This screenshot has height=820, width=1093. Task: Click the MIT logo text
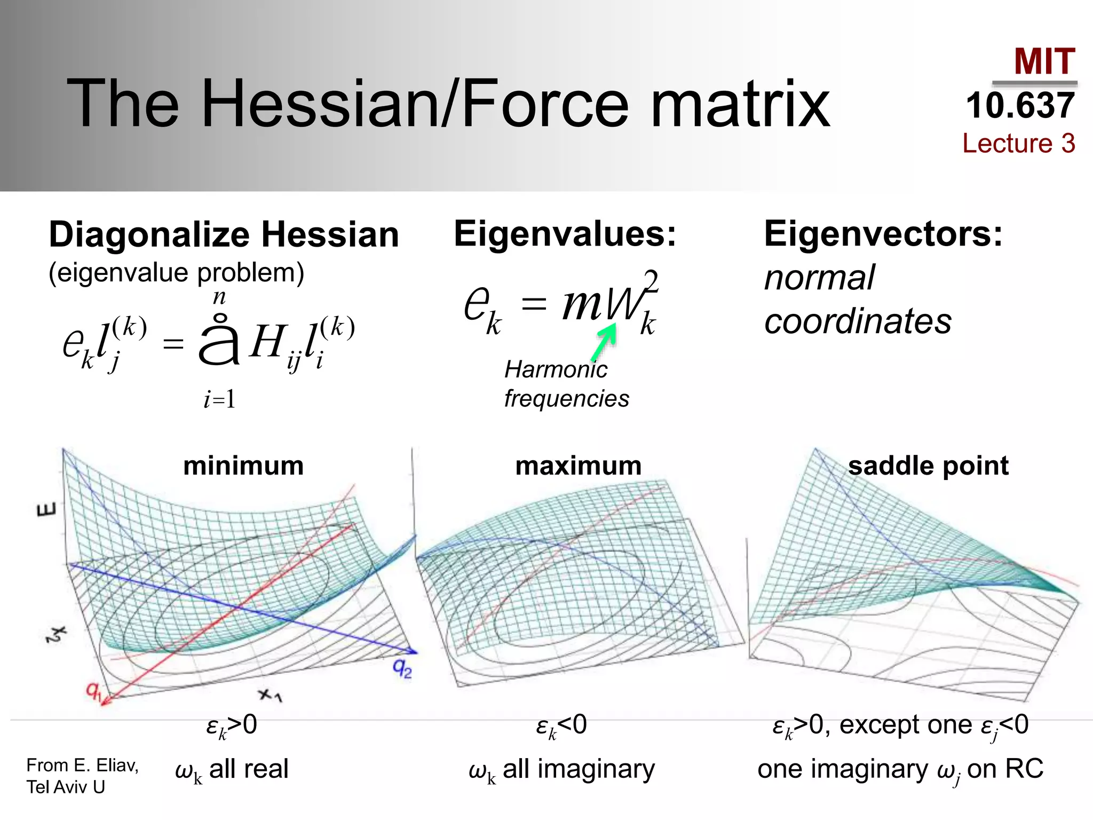point(1044,61)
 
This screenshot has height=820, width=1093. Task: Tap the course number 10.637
point(1020,105)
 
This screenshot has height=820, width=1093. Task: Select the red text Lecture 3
point(1018,143)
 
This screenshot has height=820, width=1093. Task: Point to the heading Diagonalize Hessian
point(224,235)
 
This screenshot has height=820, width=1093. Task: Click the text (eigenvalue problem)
point(176,273)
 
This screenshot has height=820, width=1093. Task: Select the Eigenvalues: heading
point(565,234)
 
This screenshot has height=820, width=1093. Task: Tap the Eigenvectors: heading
point(883,234)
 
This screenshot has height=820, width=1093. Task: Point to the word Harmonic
point(556,369)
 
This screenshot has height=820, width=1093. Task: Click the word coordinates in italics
point(858,321)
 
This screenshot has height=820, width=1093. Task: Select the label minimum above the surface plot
point(243,466)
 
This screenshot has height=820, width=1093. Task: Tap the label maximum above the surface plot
point(578,466)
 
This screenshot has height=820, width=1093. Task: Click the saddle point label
point(928,466)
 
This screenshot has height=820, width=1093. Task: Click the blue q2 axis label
point(402,667)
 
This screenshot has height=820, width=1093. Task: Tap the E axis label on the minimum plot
point(46,511)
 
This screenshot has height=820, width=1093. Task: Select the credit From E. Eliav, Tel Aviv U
point(82,776)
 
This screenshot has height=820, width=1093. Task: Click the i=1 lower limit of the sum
point(219,399)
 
